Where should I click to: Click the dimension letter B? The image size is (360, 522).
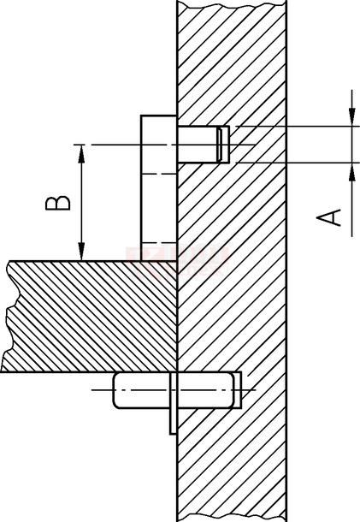coord(58,203)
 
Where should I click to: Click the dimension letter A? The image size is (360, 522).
coord(328,217)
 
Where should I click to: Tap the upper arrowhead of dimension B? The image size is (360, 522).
coord(81,153)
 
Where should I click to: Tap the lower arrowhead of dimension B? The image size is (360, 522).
coord(81,252)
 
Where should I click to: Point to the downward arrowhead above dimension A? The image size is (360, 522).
coord(351,117)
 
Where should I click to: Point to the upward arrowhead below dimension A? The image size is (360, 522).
coord(351,172)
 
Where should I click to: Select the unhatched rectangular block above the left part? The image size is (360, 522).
coord(158,188)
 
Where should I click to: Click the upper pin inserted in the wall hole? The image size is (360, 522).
coord(203,145)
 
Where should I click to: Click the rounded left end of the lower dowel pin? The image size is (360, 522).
coord(115,390)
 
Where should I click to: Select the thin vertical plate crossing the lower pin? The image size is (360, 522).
coord(173,403)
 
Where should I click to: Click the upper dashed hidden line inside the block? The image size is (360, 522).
coord(158,174)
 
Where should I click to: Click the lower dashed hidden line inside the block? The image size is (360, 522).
coord(158,242)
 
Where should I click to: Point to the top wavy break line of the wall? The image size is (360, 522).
coord(232,4)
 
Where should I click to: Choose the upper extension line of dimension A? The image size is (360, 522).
coord(298,127)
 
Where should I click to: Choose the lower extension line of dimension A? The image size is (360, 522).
coord(298,163)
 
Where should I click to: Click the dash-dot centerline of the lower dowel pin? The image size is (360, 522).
coord(174,389)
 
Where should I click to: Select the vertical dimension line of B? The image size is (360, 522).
coord(81,203)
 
